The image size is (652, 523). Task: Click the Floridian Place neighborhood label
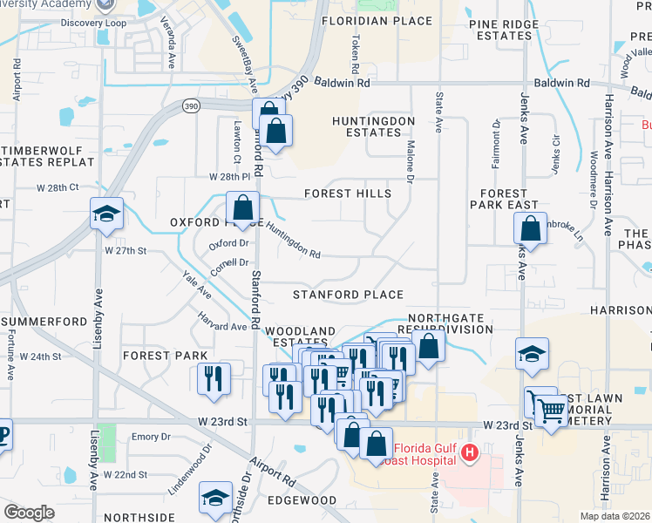coord(376,21)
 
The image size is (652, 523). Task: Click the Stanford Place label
coord(348,295)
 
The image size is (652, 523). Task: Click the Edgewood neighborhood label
coord(302,500)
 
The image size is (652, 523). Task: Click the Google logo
coord(29,513)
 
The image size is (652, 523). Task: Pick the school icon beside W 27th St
coord(106,214)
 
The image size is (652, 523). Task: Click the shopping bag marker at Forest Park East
coord(531,230)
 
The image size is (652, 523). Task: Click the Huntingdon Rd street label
coord(294,240)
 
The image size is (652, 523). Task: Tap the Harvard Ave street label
coord(221,321)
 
